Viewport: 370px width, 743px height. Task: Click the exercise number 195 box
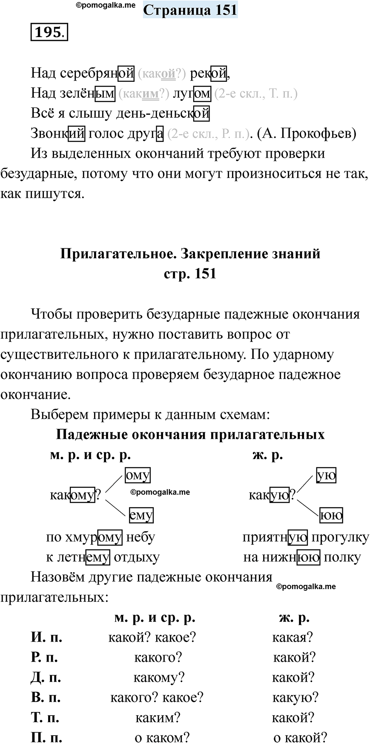[49, 32]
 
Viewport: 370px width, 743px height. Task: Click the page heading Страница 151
[190, 10]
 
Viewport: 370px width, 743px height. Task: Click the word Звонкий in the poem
[58, 133]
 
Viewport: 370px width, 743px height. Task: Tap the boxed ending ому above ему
[138, 475]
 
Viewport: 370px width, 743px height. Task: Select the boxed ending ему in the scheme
[141, 515]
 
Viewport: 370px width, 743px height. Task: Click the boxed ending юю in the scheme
[331, 515]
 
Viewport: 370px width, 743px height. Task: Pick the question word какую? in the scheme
[272, 495]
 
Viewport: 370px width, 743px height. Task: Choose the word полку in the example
[342, 557]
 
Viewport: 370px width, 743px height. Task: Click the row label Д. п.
[46, 677]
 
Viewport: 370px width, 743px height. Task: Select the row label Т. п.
[45, 718]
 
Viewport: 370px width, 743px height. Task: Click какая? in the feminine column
[293, 637]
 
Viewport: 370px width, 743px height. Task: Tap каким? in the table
[158, 718]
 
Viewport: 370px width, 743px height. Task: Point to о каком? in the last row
[162, 737]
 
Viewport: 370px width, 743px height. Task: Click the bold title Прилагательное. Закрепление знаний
[190, 254]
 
